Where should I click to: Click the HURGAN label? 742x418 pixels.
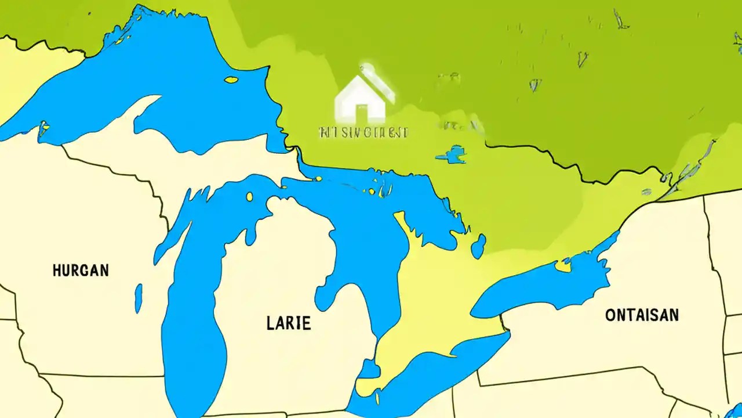pyautogui.click(x=81, y=270)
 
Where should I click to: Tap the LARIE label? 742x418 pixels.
pyautogui.click(x=289, y=323)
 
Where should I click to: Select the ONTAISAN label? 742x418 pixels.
pyautogui.click(x=642, y=315)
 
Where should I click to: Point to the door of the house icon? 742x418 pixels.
pyautogui.click(x=362, y=112)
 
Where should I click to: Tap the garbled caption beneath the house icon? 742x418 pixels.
pyautogui.click(x=363, y=132)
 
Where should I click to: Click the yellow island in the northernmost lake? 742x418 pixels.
pyautogui.click(x=231, y=80)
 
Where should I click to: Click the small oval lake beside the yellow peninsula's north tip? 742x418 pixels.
pyautogui.click(x=478, y=246)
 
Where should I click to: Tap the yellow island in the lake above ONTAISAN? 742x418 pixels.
pyautogui.click(x=562, y=266)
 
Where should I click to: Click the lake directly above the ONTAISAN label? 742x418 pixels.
pyautogui.click(x=545, y=284)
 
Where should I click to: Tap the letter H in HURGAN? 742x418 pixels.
pyautogui.click(x=57, y=270)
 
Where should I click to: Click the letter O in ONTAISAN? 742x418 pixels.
pyautogui.click(x=610, y=315)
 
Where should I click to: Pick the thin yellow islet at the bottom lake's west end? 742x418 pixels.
pyautogui.click(x=377, y=398)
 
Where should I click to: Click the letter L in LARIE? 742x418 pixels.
pyautogui.click(x=270, y=323)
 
